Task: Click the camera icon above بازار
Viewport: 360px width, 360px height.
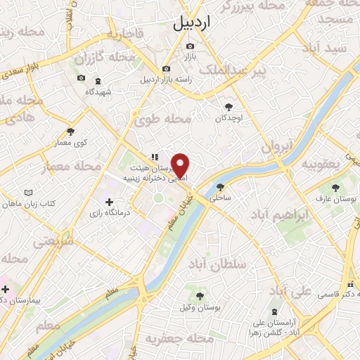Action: click(x=189, y=47)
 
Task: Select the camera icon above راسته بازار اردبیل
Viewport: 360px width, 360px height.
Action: click(x=166, y=69)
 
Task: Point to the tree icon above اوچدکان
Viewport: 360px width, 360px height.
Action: click(x=229, y=107)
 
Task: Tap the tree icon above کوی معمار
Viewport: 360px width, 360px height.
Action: click(x=70, y=131)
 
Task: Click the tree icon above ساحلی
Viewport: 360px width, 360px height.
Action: click(x=221, y=187)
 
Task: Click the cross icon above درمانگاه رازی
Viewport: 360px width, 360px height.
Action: click(x=109, y=202)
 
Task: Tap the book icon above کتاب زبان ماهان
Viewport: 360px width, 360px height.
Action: click(x=28, y=193)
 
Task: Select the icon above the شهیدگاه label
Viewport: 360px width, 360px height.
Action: click(x=98, y=82)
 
